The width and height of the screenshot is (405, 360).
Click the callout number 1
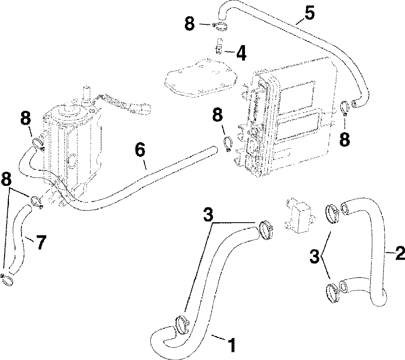(x=231, y=345)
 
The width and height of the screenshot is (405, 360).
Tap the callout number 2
(x=399, y=254)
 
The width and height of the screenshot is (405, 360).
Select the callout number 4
(x=241, y=54)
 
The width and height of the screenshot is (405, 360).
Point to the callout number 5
(x=310, y=13)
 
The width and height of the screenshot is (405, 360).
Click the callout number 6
(x=139, y=151)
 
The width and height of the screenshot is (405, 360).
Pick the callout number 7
(x=41, y=243)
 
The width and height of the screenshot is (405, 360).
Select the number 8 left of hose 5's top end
(x=190, y=24)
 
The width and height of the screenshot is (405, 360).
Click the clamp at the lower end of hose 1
(x=182, y=324)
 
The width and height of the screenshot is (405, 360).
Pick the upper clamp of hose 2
(x=332, y=213)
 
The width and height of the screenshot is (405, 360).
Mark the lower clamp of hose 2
(x=333, y=292)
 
